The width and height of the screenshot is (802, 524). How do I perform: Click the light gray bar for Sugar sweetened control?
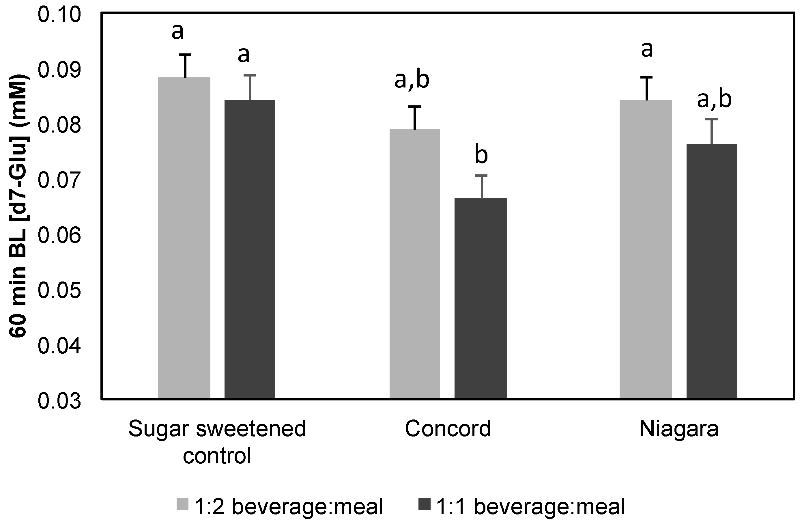pos(184,238)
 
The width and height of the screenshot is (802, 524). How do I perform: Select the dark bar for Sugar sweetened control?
pos(250,249)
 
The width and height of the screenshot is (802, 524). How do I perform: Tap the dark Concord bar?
pos(481,299)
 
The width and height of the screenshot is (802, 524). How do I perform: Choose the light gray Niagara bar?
pos(646,249)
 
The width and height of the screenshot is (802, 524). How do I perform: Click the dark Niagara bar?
pos(712,271)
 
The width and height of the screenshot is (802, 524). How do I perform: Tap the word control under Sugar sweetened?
pos(217,456)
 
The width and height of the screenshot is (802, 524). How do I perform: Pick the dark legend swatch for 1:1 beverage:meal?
pos(424,504)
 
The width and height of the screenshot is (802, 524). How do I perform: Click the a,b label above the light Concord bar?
pos(412,80)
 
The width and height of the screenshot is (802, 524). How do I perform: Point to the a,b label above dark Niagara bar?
pos(714,100)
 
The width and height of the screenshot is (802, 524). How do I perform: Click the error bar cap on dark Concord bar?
pos(482,175)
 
